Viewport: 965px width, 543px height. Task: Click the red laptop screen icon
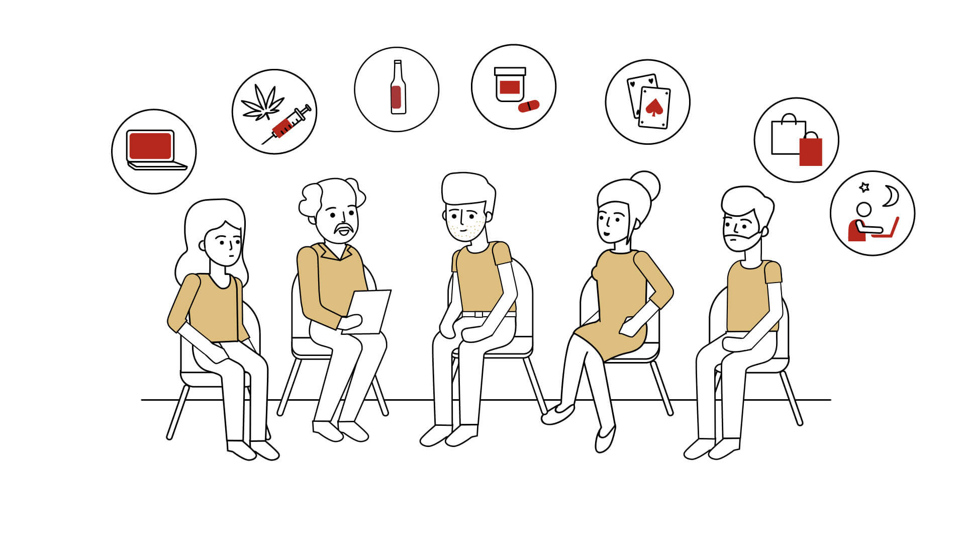pos(150,146)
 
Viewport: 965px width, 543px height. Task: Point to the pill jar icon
pos(510,85)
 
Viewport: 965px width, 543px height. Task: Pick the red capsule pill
pos(529,106)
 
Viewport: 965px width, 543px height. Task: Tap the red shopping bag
pos(811,151)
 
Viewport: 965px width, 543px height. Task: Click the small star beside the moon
pos(864,187)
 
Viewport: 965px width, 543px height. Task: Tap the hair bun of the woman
pos(646,185)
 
